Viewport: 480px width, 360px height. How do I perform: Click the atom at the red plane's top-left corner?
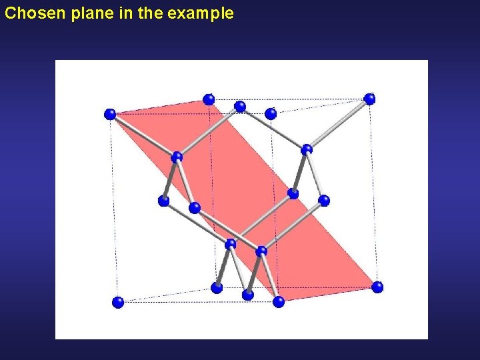pyautogui.click(x=110, y=114)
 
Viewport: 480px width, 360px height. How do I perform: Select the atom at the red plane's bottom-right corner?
pyautogui.click(x=377, y=287)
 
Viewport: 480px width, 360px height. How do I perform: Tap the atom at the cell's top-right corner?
pyautogui.click(x=369, y=99)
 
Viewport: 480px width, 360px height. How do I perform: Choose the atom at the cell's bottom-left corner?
pyautogui.click(x=118, y=302)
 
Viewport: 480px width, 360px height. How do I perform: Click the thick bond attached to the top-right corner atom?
pyautogui.click(x=339, y=123)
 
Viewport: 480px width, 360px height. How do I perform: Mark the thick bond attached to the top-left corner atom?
pyautogui.click(x=143, y=136)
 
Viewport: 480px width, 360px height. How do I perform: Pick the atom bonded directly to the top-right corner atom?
pyautogui.click(x=307, y=149)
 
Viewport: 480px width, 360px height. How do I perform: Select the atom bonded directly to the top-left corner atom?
pyautogui.click(x=177, y=157)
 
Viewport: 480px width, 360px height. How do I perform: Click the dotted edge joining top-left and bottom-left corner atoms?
pyautogui.click(x=114, y=208)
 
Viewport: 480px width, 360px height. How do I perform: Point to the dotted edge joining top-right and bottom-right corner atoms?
pyautogui.click(x=373, y=193)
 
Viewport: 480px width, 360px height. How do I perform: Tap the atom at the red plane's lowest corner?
pyautogui.click(x=279, y=301)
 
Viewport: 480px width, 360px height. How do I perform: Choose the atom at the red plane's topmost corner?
pyautogui.click(x=209, y=99)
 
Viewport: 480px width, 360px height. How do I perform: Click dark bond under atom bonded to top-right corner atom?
pyautogui.click(x=299, y=172)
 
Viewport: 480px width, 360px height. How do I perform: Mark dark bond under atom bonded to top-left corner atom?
pyautogui.click(x=170, y=179)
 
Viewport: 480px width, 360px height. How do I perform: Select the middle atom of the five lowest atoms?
pyautogui.click(x=248, y=294)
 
